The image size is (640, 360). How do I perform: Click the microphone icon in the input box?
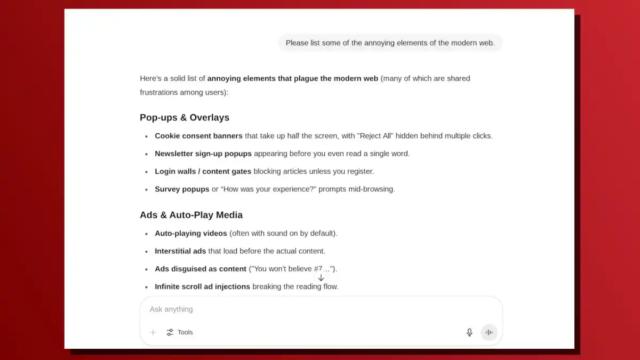[469, 332]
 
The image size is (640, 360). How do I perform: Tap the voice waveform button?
[489, 332]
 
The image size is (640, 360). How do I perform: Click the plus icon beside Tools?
[153, 332]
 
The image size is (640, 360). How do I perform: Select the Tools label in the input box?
[185, 332]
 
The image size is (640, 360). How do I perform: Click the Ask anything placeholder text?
[171, 309]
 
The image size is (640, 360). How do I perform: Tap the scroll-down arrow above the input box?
[321, 278]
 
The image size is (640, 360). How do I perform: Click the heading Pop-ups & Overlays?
[185, 117]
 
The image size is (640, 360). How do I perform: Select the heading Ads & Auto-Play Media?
[191, 215]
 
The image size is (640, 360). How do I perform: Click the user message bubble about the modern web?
[390, 43]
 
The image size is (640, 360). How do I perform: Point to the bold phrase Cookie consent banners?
[198, 136]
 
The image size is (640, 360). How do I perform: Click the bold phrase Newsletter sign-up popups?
[203, 154]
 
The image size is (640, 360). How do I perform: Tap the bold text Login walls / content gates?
[203, 171]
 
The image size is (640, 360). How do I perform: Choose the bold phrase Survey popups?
[182, 189]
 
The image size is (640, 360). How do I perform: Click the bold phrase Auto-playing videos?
[191, 234]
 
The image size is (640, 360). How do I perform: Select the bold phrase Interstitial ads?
[180, 251]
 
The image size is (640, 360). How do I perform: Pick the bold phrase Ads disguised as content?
[201, 269]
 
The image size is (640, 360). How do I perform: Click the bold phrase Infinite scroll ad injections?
[202, 287]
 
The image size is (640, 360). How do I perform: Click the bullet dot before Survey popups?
[147, 190]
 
